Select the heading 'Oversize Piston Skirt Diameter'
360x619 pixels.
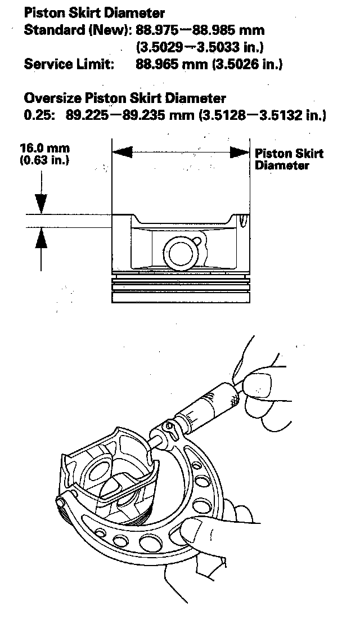125,98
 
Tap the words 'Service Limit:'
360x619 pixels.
69,64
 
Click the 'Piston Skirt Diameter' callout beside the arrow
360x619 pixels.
289,159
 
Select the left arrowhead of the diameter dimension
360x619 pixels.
122,152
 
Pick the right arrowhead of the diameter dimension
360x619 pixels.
240,152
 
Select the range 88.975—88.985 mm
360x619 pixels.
201,30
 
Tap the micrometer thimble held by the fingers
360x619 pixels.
211,402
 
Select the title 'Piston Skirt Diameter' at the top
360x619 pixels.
94,13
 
